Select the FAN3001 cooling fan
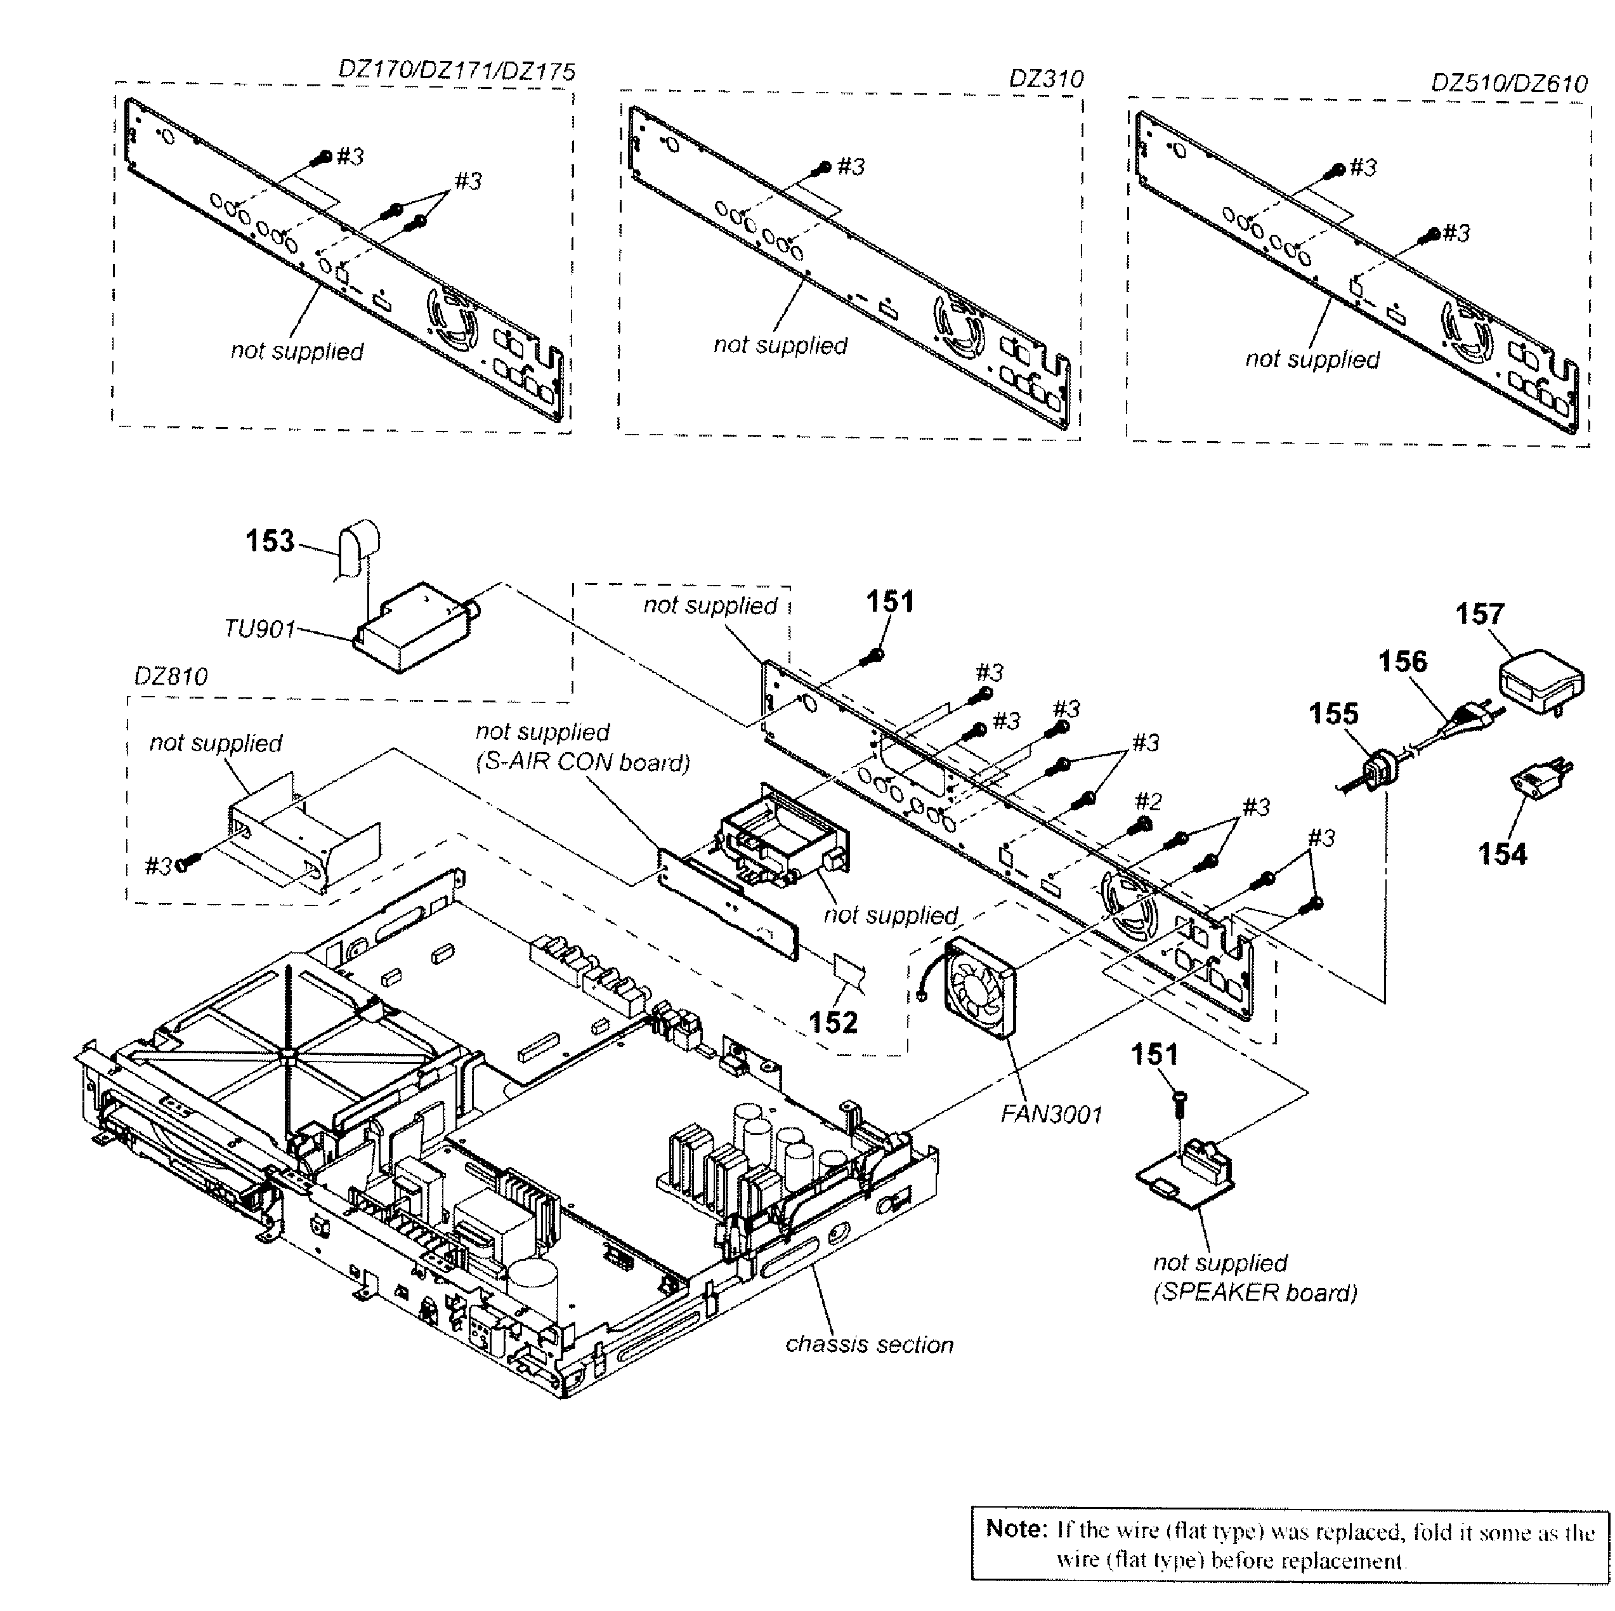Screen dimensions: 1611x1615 [979, 987]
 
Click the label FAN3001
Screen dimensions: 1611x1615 [1050, 1114]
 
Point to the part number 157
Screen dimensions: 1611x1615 [1480, 614]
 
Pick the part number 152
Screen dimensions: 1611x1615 [833, 1022]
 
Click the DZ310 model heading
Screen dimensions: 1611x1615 [1046, 79]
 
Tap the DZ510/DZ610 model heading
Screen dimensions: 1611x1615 [1509, 84]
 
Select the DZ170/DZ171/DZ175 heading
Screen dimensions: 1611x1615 [457, 71]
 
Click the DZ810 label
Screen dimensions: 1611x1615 [171, 676]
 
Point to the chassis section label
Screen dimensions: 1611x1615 [870, 1345]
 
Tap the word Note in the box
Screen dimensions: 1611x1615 [1016, 1529]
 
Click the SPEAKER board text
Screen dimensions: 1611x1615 [1255, 1292]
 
